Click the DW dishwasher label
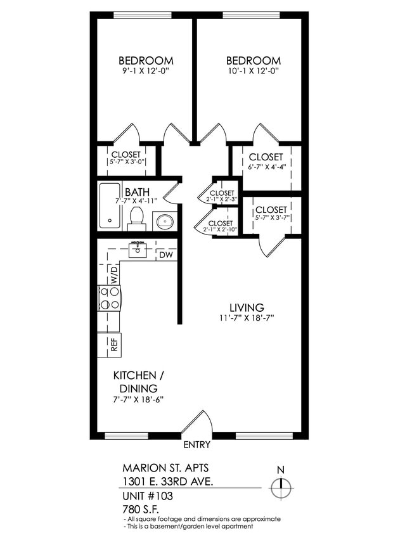click(x=166, y=255)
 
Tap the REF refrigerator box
click(x=113, y=345)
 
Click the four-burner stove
click(x=109, y=297)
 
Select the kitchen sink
click(x=138, y=249)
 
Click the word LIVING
click(x=247, y=307)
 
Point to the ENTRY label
click(x=196, y=445)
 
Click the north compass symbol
click(x=280, y=488)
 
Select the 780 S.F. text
click(x=140, y=508)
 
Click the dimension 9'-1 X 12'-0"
click(x=146, y=72)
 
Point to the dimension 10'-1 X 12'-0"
click(x=253, y=72)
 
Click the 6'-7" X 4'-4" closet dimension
click(x=266, y=168)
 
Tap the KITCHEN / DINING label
click(x=136, y=381)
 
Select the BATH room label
click(x=137, y=192)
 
